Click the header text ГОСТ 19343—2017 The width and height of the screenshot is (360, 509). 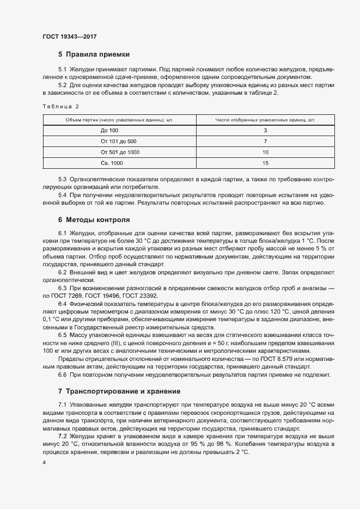click(69, 37)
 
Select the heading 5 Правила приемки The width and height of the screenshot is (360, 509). click(93, 54)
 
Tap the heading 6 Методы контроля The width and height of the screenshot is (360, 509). click(94, 220)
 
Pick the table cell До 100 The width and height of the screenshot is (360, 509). click(109, 131)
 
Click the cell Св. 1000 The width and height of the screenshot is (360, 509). click(112, 163)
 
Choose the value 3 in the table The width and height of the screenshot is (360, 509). click(265, 131)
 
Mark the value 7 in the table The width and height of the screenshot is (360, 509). click(265, 142)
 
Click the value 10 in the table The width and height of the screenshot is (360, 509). click(265, 152)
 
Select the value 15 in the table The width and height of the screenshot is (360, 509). click(265, 163)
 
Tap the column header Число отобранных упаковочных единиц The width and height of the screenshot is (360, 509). click(265, 120)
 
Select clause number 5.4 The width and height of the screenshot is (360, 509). click(62, 194)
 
